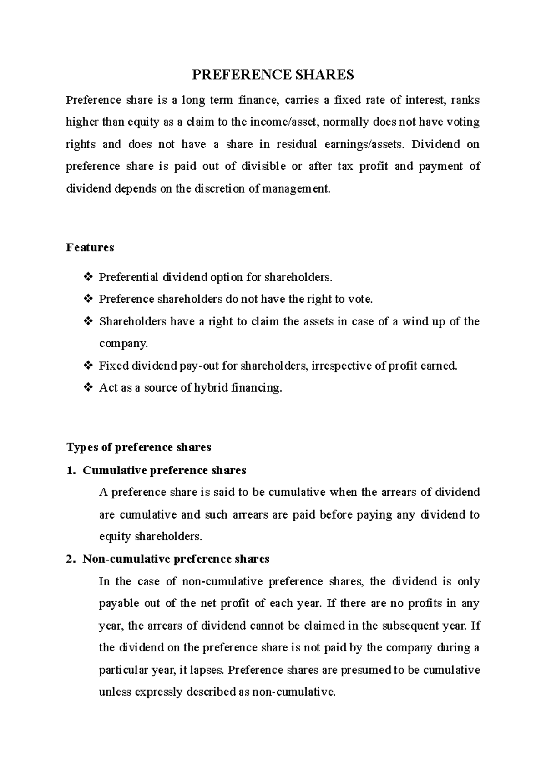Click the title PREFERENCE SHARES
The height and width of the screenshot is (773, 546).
pos(273,75)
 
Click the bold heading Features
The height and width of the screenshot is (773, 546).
pos(90,248)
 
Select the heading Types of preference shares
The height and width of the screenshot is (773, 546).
pos(139,447)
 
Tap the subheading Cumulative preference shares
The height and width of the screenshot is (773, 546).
pos(164,470)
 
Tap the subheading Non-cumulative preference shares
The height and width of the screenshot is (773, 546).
pos(176,559)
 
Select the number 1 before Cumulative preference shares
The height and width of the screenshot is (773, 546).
pos(69,470)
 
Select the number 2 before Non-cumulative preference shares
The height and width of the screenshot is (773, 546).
pos(69,559)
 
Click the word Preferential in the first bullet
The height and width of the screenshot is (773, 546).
pos(129,277)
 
